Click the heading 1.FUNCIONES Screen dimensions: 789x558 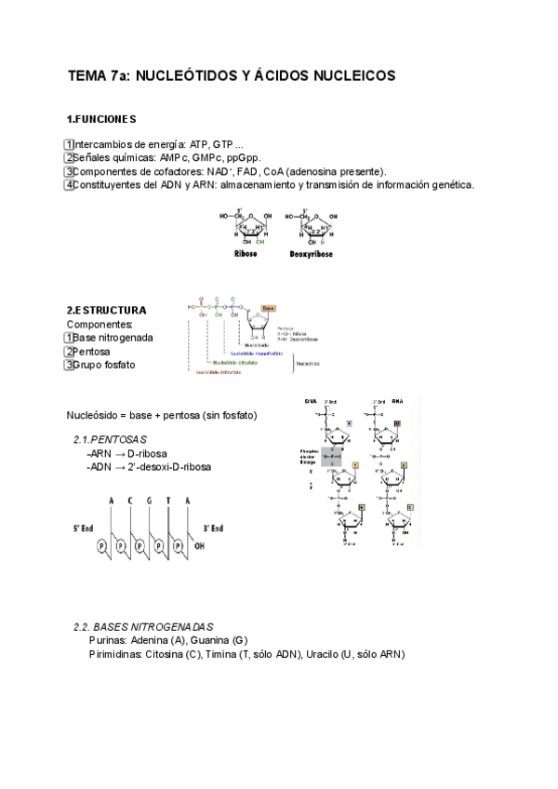[101, 120]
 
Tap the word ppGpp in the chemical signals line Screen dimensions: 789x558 [241, 158]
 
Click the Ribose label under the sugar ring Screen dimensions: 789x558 [245, 253]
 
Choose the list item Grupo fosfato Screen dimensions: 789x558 [103, 365]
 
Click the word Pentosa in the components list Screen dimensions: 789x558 [91, 352]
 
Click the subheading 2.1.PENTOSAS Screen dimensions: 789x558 [110, 439]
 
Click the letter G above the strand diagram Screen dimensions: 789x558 [149, 501]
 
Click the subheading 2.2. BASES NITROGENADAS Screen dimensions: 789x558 [143, 627]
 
